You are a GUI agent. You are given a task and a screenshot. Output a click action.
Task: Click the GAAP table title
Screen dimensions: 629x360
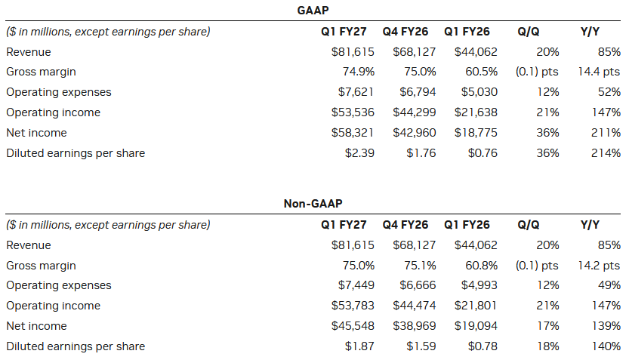click(313, 10)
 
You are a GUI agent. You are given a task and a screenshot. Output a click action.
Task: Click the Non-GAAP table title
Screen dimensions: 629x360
click(313, 203)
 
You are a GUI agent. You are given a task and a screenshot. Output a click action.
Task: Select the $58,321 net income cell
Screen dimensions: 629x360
click(353, 133)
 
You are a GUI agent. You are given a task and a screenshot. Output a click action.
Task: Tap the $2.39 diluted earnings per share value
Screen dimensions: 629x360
click(359, 152)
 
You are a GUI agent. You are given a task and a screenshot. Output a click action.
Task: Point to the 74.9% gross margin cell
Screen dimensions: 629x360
click(359, 72)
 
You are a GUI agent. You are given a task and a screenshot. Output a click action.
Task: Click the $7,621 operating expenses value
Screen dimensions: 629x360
click(356, 92)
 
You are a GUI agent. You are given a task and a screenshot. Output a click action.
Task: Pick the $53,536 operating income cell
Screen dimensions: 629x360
click(353, 112)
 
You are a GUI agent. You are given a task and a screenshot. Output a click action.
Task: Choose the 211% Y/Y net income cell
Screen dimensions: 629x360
click(606, 133)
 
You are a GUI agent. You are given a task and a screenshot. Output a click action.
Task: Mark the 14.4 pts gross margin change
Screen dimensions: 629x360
click(599, 72)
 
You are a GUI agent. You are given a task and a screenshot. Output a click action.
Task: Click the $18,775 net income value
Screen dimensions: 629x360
click(476, 133)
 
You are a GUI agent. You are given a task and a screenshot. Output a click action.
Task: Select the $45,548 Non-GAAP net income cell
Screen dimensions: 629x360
click(353, 326)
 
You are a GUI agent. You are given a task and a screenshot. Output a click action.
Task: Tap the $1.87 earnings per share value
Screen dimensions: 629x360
click(359, 346)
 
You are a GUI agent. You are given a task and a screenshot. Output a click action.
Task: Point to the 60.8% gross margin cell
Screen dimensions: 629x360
click(482, 266)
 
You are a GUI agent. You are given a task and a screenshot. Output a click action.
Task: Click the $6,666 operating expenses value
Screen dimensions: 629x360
click(418, 285)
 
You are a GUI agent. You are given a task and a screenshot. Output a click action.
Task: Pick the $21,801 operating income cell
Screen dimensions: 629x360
click(476, 306)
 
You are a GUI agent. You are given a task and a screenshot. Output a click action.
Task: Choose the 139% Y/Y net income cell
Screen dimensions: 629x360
click(606, 326)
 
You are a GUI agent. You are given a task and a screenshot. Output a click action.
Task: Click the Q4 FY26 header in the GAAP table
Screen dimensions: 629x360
click(405, 31)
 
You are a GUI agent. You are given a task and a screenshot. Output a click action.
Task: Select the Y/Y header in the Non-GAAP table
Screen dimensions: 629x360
click(590, 224)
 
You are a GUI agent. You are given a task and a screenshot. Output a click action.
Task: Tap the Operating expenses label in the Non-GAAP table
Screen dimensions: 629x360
click(59, 285)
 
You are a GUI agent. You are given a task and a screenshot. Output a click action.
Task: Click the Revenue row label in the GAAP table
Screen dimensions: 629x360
click(29, 52)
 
